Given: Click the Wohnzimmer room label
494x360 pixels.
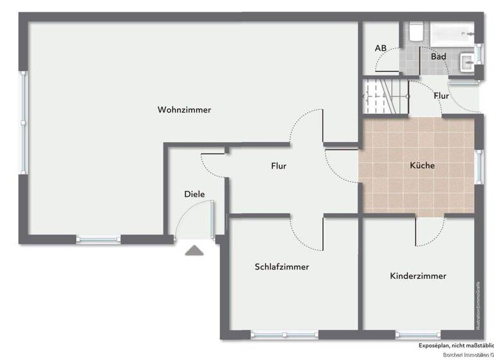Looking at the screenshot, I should (184, 110).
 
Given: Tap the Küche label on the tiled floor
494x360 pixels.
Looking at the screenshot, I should (422, 165).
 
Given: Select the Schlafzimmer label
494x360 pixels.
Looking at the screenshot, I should (281, 267).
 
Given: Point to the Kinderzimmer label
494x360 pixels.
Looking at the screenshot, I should (417, 276).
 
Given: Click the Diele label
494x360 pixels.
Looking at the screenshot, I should (194, 194).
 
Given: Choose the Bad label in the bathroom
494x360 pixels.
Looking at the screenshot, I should (438, 57).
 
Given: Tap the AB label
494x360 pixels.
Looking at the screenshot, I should (380, 48).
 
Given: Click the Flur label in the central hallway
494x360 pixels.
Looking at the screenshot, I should (279, 166).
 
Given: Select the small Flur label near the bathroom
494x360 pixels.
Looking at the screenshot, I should (441, 96).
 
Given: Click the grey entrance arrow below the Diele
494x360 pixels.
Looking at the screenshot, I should (194, 250).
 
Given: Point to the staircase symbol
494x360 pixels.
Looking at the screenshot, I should (386, 96).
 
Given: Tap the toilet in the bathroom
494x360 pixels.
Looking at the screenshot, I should (416, 32).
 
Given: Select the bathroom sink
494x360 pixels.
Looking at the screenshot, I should (468, 62).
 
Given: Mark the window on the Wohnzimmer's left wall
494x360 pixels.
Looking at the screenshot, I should (24, 122).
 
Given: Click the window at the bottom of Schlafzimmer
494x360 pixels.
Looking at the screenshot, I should (284, 334).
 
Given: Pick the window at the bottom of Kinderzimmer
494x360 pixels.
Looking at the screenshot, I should (418, 334).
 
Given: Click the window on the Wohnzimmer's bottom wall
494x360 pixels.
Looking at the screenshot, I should (98, 240).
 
